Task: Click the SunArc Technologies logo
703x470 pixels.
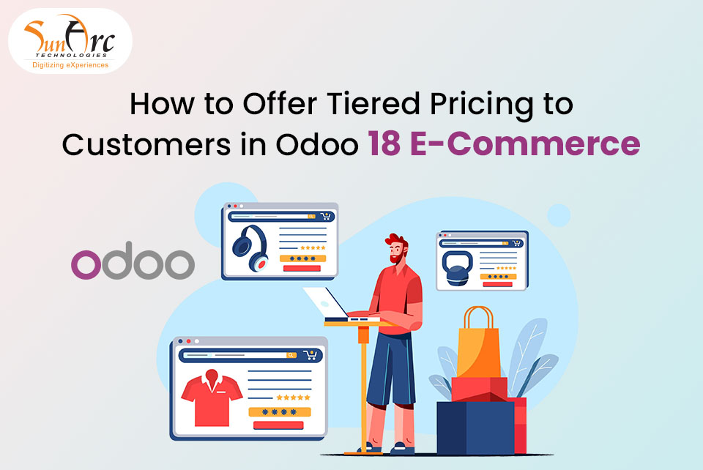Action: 70,40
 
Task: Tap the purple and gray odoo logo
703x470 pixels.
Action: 133,264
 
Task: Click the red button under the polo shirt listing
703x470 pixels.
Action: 278,425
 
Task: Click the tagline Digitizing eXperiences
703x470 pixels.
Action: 70,65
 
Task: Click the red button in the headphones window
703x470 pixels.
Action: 302,268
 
